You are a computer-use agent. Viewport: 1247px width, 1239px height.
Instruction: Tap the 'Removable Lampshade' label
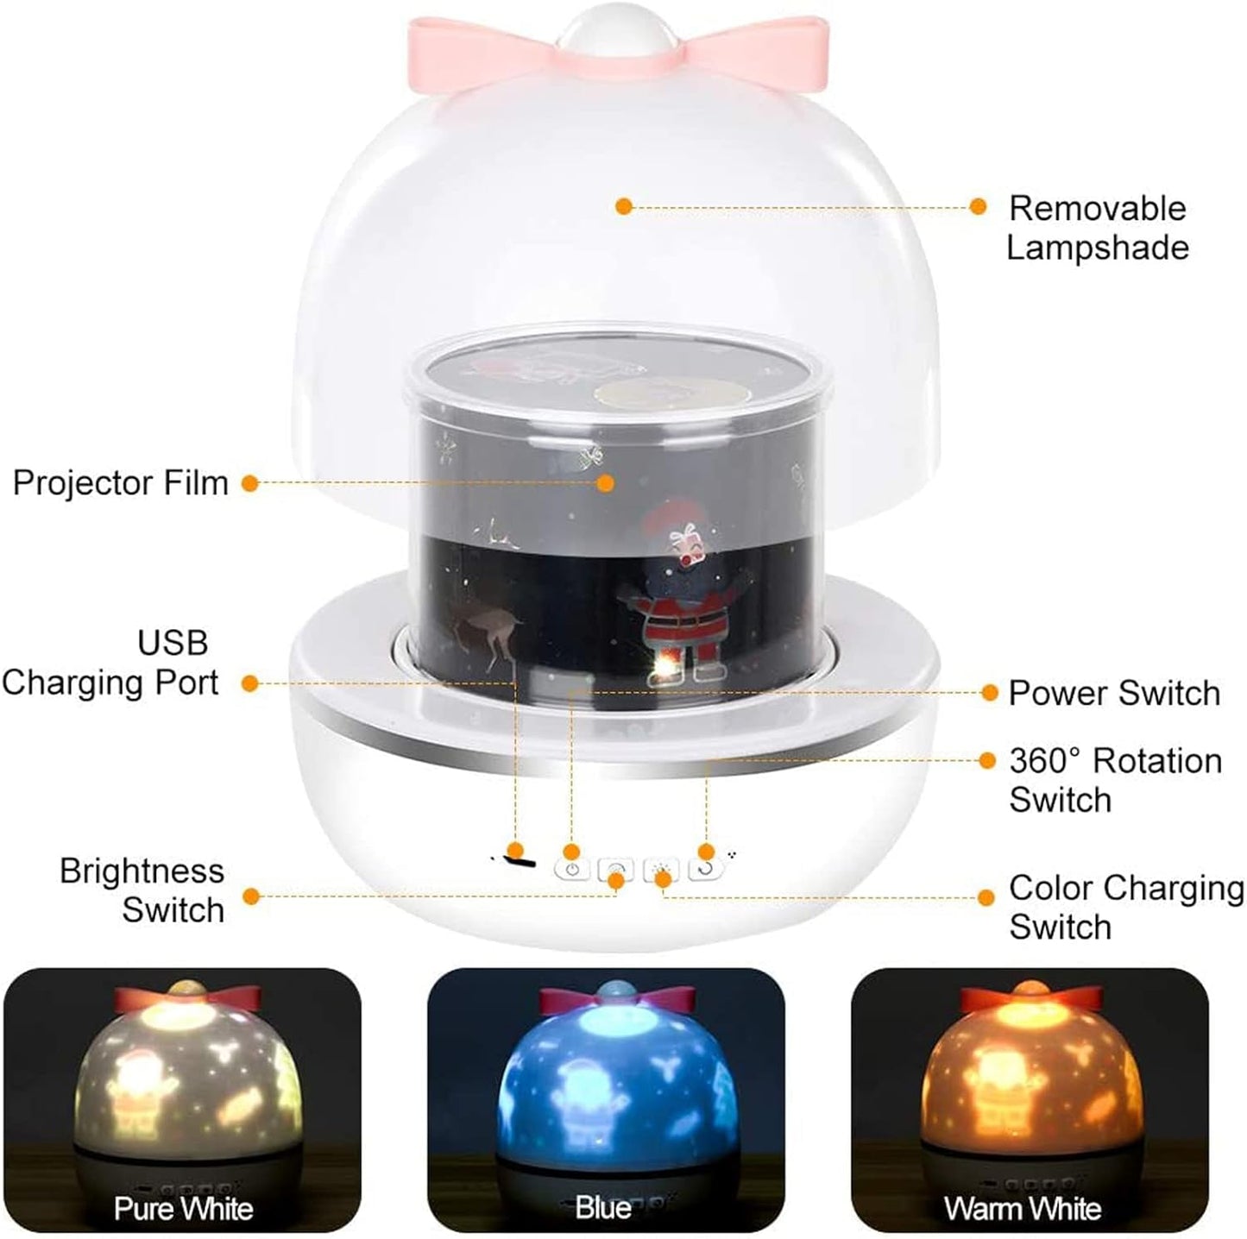[1098, 228]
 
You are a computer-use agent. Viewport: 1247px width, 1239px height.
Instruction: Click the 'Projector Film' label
[121, 483]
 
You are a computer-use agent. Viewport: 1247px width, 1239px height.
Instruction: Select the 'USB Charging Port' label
[110, 663]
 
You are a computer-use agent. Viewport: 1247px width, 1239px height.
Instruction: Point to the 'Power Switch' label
[1114, 693]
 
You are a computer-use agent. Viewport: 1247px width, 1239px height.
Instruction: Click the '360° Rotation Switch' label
[1115, 780]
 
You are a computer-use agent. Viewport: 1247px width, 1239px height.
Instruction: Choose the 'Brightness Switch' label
[142, 890]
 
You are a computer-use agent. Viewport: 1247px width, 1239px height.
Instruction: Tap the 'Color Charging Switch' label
[1125, 907]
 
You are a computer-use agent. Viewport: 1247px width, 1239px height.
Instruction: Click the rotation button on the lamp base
[706, 869]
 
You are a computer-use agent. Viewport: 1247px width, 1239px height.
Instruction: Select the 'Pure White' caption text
[183, 1209]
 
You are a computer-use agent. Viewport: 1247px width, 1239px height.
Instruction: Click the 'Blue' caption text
[603, 1207]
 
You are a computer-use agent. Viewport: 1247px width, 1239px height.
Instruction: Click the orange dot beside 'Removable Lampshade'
[978, 206]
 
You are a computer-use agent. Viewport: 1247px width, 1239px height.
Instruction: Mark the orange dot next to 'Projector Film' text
[249, 483]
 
